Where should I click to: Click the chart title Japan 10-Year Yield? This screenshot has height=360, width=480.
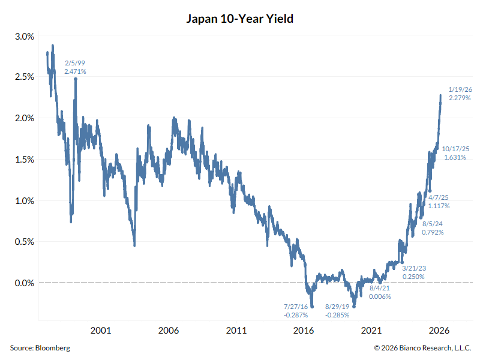pyautogui.click(x=240, y=19)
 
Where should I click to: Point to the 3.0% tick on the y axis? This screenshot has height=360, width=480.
pyautogui.click(x=25, y=37)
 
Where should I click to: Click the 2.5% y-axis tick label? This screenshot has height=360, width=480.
pyautogui.click(x=25, y=77)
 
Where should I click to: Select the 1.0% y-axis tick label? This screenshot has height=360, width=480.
pyautogui.click(x=25, y=200)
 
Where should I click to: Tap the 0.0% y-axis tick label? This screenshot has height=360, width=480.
pyautogui.click(x=25, y=283)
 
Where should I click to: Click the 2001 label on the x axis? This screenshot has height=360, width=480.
pyautogui.click(x=100, y=331)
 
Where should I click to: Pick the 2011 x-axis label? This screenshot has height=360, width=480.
pyautogui.click(x=236, y=331)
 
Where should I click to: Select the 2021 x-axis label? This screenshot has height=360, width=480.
pyautogui.click(x=372, y=331)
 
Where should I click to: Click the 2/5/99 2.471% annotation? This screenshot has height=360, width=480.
pyautogui.click(x=75, y=67)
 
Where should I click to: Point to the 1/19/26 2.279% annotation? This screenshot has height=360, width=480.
pyautogui.click(x=460, y=93)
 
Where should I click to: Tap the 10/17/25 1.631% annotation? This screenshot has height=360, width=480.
pyautogui.click(x=456, y=153)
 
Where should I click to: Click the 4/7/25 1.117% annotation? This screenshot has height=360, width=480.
pyautogui.click(x=439, y=202)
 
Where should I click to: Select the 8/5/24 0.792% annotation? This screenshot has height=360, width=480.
pyautogui.click(x=433, y=227)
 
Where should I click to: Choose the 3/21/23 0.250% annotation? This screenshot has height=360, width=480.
pyautogui.click(x=413, y=272)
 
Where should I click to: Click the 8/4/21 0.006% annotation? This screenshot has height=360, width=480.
pyautogui.click(x=380, y=292)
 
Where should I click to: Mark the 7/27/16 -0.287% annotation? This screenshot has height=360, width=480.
pyautogui.click(x=296, y=310)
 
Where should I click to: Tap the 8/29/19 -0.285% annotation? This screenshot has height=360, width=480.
pyautogui.click(x=337, y=310)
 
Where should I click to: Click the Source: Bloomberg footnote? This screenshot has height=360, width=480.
pyautogui.click(x=40, y=348)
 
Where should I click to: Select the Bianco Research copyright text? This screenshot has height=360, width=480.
pyautogui.click(x=423, y=348)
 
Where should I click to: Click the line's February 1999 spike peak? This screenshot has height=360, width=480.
pyautogui.click(x=76, y=79)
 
